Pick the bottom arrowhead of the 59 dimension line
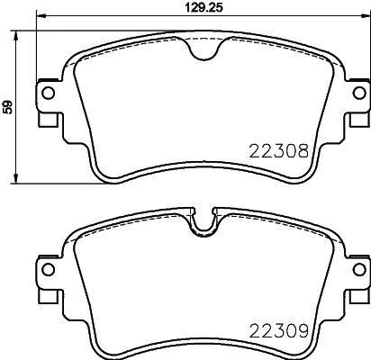[21, 181]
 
